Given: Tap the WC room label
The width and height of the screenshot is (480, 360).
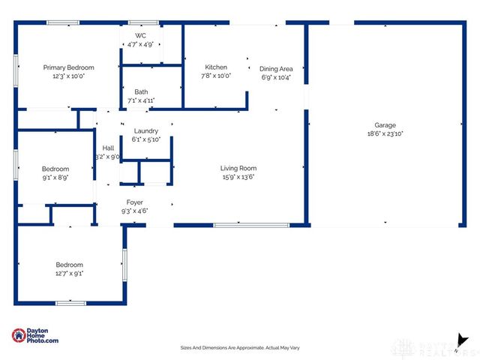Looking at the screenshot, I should [140, 36].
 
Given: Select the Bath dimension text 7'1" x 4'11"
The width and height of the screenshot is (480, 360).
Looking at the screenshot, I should [141, 100].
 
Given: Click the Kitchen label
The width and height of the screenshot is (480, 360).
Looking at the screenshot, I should [216, 67].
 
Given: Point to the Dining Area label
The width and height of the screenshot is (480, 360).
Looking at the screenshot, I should [276, 68].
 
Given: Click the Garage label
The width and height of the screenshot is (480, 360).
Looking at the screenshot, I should [385, 125].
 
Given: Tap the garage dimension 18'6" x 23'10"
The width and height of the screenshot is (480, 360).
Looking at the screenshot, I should [385, 134].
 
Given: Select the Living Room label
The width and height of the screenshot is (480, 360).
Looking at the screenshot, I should [238, 168].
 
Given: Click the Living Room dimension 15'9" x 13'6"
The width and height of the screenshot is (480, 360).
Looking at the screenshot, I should [238, 177].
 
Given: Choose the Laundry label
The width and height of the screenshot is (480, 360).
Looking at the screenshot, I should [145, 130].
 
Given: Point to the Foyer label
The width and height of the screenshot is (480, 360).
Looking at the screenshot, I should [135, 202].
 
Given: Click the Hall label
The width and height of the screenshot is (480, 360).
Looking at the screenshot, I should [108, 148].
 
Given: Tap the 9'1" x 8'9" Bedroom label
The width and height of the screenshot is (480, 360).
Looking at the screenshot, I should [55, 169].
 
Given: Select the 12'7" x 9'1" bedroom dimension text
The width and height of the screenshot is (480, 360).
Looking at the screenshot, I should [69, 274].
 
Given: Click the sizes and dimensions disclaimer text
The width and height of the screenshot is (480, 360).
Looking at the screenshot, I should [240, 348].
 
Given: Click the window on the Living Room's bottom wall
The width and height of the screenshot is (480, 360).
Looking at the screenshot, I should [251, 225].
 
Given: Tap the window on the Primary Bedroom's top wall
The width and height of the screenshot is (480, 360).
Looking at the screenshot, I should [63, 22].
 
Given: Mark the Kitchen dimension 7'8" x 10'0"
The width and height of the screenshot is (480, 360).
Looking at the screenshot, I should [216, 76].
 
